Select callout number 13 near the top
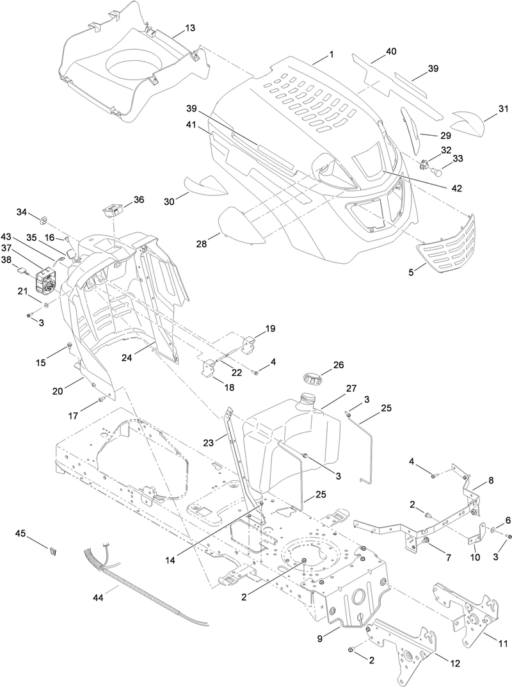click(x=191, y=28)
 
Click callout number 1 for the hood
click(x=331, y=55)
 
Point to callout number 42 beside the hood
click(x=456, y=188)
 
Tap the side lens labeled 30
click(x=205, y=186)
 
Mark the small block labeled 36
click(x=114, y=210)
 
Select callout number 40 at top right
click(x=391, y=51)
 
